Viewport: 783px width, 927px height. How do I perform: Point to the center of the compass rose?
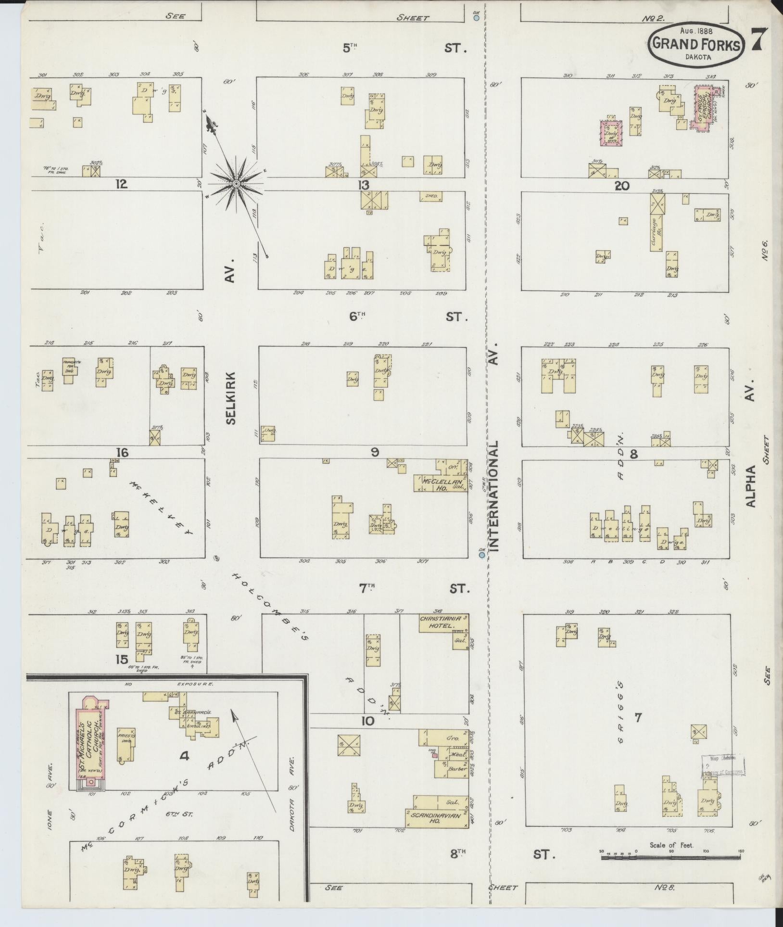pos(236,184)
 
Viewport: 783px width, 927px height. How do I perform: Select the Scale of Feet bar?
pos(671,857)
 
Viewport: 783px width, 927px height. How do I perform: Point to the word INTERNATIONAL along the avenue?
pos(495,496)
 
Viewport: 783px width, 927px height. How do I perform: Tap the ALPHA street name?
pos(751,486)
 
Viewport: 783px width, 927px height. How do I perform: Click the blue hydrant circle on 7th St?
pos(481,555)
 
